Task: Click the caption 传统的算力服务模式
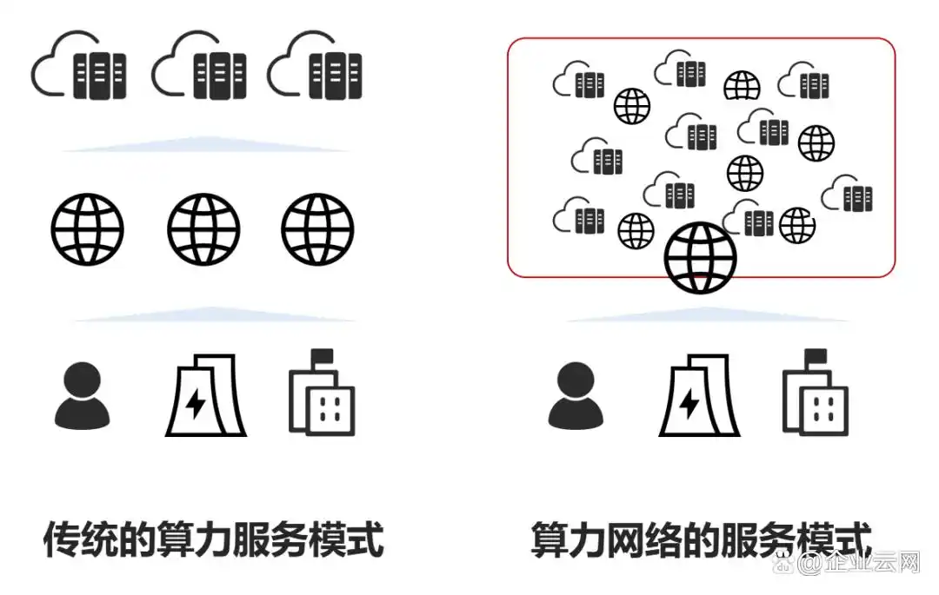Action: coord(214,539)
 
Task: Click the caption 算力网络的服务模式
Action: coord(702,539)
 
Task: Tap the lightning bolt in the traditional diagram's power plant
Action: coord(196,405)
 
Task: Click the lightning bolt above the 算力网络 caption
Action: coord(689,405)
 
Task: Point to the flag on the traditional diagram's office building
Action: coord(323,356)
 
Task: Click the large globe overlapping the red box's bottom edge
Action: coord(700,258)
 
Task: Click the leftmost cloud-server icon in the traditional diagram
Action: coord(79,68)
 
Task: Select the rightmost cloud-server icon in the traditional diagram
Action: coord(315,68)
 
